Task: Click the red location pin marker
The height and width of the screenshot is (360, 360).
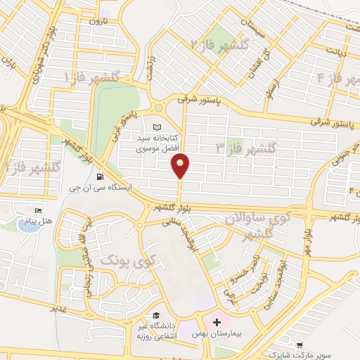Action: coord(181,166)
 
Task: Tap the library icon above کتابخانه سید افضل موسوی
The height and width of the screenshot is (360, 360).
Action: coord(156,127)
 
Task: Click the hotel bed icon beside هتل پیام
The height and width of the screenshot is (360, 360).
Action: coord(39,211)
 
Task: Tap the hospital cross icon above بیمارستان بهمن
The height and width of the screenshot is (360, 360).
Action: coord(217,322)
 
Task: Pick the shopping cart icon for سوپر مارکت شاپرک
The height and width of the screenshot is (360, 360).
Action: coord(300,346)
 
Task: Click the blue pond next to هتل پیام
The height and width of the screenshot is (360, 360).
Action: coord(28,226)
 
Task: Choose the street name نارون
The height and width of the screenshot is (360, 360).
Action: coord(96,22)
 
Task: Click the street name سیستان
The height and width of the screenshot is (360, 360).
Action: coord(255,28)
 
